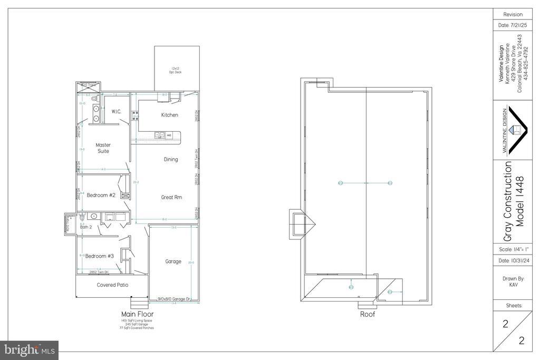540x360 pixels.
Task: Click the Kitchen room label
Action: coord(169,115)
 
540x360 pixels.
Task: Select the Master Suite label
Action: coord(103,148)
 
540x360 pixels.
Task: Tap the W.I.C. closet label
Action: coord(117,112)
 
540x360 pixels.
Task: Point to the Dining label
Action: coord(171,159)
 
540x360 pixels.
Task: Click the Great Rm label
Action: coord(171,197)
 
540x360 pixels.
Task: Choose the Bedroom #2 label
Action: coord(101,195)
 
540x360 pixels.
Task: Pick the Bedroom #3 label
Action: coord(100,256)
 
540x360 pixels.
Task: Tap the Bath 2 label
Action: coord(86,227)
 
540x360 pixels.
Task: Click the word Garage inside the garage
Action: coord(173,261)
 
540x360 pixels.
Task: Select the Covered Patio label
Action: coord(112,285)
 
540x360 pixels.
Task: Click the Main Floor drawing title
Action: coord(138,314)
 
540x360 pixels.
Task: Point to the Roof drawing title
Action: coord(367,314)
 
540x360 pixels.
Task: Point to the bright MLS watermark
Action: coord(29,349)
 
